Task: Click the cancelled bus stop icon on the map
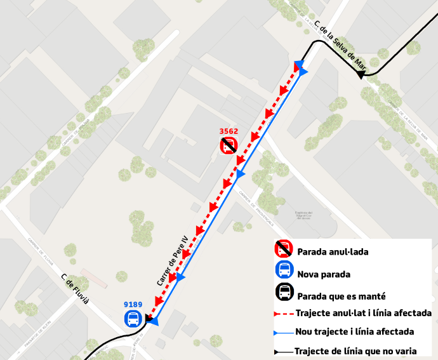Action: click(x=229, y=146)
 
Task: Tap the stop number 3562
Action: click(x=229, y=131)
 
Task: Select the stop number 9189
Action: click(x=133, y=305)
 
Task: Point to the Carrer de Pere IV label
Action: click(x=173, y=260)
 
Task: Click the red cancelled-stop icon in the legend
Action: click(x=284, y=250)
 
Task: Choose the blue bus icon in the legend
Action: click(x=284, y=270)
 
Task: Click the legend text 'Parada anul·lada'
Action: click(x=333, y=252)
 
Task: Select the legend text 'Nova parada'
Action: click(x=324, y=274)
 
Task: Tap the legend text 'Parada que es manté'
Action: click(x=342, y=296)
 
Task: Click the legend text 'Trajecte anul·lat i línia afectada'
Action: click(x=364, y=313)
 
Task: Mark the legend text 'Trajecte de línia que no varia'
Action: click(x=355, y=350)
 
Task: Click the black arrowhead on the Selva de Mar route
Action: click(x=361, y=75)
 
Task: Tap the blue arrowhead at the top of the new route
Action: click(x=303, y=72)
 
